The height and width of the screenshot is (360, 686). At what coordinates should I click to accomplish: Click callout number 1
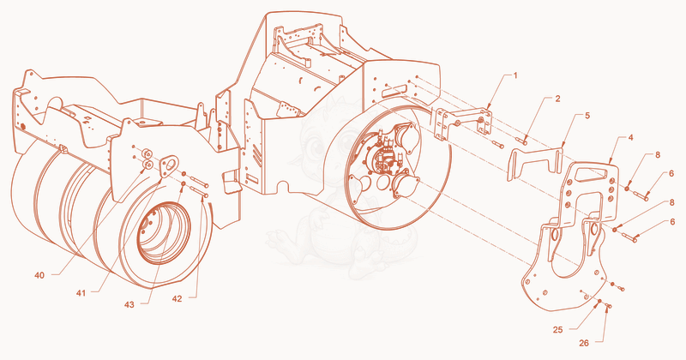(515, 75)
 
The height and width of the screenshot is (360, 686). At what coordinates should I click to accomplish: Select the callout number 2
(557, 99)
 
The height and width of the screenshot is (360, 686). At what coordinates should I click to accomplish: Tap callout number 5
(587, 116)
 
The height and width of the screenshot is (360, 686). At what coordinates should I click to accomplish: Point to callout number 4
(630, 137)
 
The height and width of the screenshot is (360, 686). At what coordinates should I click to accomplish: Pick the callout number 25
(557, 330)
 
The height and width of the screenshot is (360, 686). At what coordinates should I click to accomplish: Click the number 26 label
(584, 344)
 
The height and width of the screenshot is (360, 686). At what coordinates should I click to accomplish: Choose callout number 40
(39, 275)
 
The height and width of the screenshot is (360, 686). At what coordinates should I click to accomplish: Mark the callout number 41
(81, 293)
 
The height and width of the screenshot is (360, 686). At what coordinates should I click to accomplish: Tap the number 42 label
(177, 299)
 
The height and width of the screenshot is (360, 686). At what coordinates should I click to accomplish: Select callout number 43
(129, 304)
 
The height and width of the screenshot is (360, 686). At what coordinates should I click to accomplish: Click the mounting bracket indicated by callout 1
(463, 123)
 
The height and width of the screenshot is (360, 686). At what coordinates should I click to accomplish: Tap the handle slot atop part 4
(592, 173)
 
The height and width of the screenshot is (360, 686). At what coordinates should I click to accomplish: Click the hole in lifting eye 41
(170, 164)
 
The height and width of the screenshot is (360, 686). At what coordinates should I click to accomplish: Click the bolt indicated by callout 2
(521, 141)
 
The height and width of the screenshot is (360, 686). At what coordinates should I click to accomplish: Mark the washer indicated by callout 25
(599, 302)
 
